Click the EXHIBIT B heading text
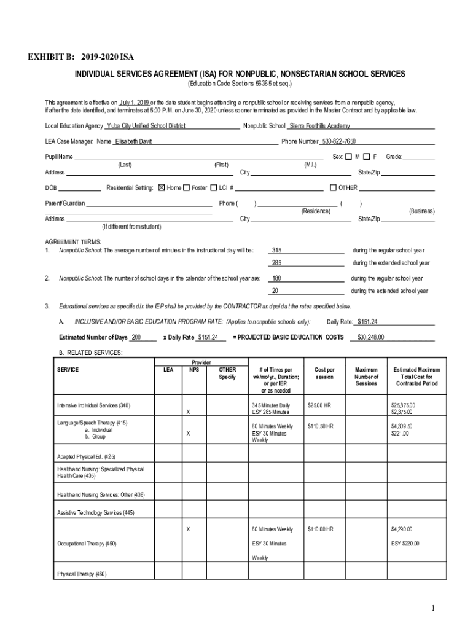pyautogui.click(x=80, y=57)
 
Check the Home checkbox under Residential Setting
pyautogui.click(x=162, y=187)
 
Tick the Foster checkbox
pyautogui.click(x=186, y=187)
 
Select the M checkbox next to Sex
pyautogui.click(x=348, y=157)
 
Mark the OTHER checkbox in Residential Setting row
pyautogui.click(x=334, y=187)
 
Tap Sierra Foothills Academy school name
pyautogui.click(x=319, y=126)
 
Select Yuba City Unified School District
pyautogui.click(x=146, y=126)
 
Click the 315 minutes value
pyautogui.click(x=277, y=250)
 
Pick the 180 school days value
pyautogui.click(x=277, y=278)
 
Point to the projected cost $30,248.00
pyautogui.click(x=371, y=337)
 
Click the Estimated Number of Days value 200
pyautogui.click(x=136, y=337)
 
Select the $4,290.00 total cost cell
pyautogui.click(x=402, y=529)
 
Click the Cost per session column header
pyautogui.click(x=324, y=373)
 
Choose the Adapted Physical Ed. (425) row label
pyautogui.click(x=86, y=457)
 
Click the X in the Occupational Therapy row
pyautogui.click(x=189, y=529)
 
